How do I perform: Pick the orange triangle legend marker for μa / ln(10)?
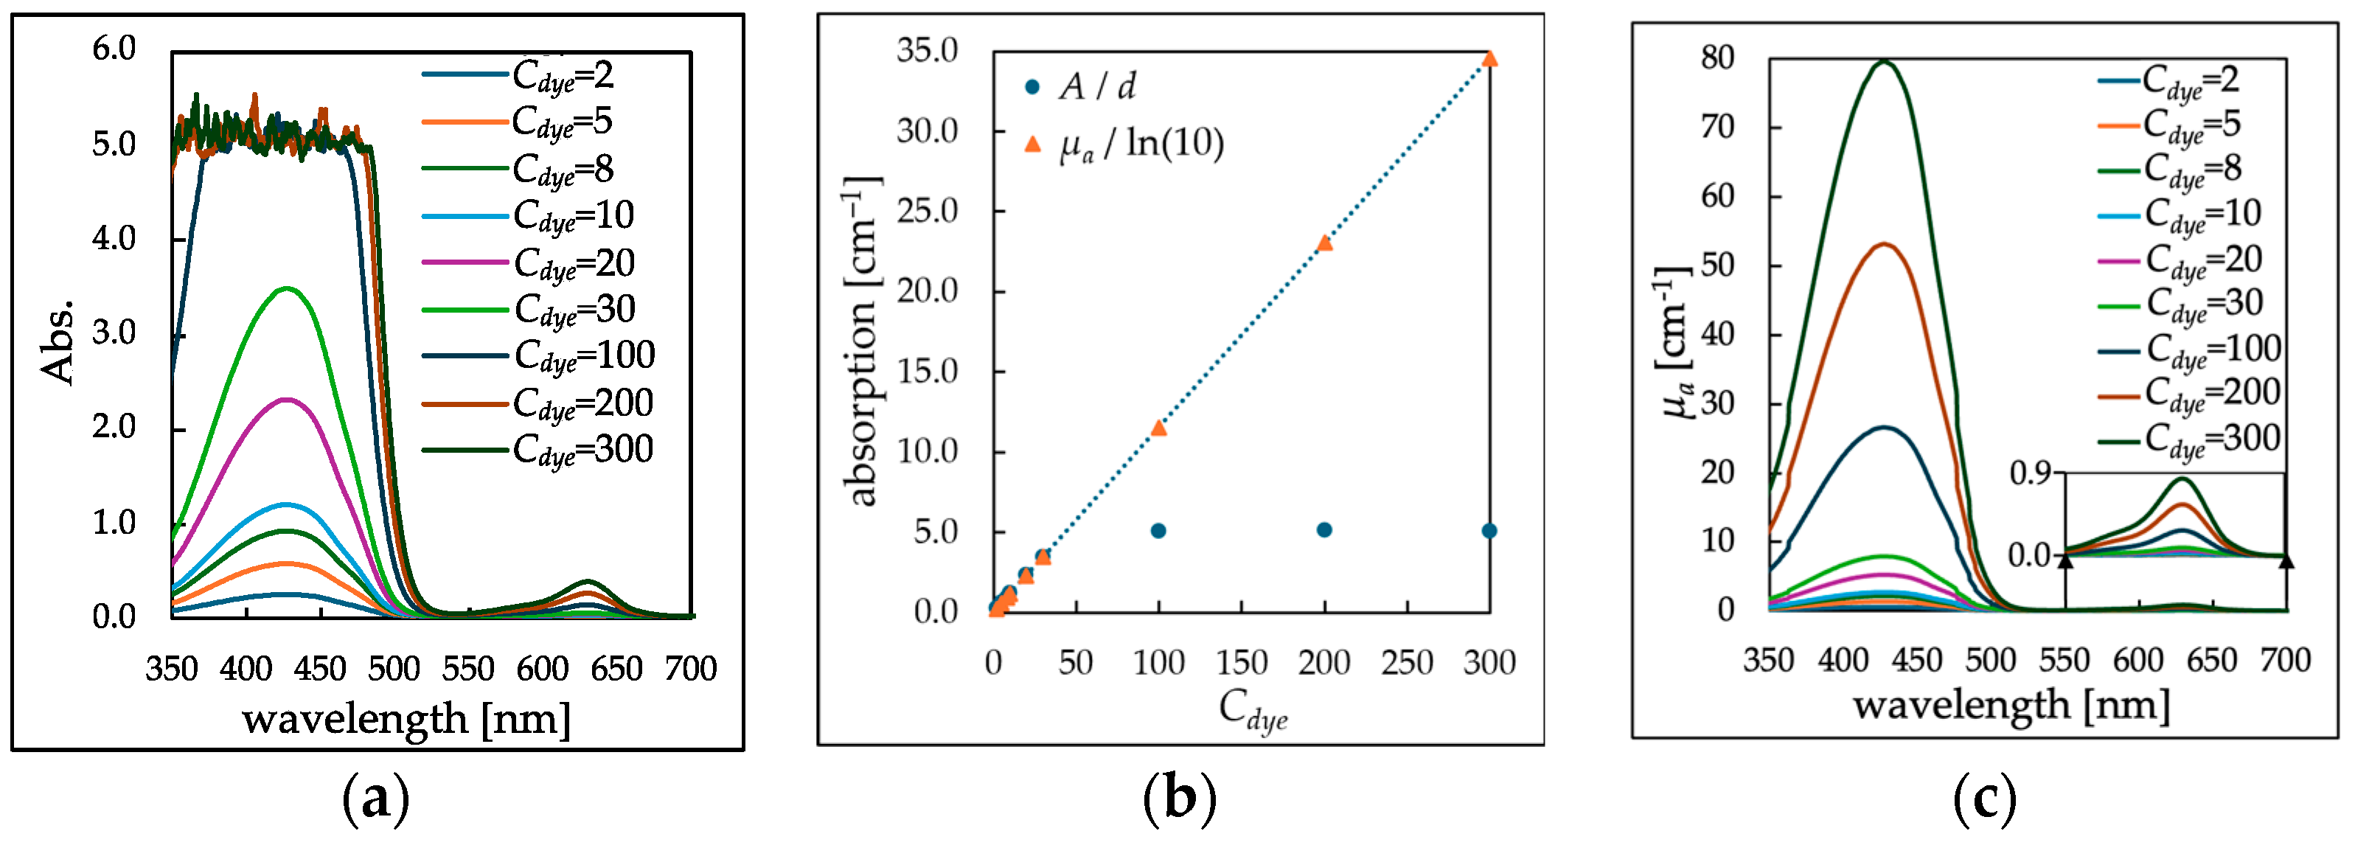tap(1032, 144)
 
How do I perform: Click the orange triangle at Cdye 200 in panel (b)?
tap(1323, 243)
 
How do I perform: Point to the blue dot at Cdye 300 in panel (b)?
tap(1489, 530)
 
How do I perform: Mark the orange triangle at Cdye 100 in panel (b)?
tap(1158, 428)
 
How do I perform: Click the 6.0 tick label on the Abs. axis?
tap(114, 49)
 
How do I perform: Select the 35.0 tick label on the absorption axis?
tap(926, 50)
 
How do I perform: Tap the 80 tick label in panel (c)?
tap(1717, 58)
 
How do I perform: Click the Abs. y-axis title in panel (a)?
tap(57, 340)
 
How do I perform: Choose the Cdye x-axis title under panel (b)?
tap(1253, 709)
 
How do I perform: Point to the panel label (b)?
tap(1179, 799)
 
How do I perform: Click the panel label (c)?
tap(1984, 799)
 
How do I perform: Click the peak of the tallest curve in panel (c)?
tap(1883, 61)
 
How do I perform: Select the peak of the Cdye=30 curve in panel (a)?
tap(287, 289)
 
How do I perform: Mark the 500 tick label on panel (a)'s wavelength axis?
tap(393, 670)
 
